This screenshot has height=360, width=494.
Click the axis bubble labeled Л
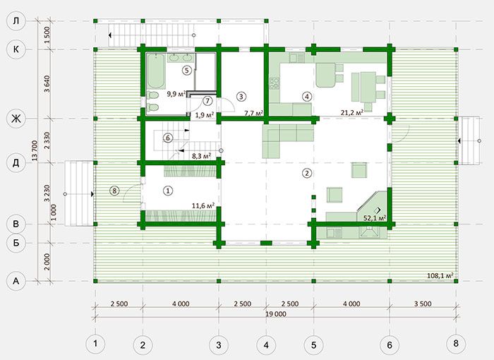pos(16,21)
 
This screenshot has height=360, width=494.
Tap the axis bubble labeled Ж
pos(16,119)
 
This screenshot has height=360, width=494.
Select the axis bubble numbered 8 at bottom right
pos(456,342)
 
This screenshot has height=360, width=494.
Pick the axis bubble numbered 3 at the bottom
pos(219,345)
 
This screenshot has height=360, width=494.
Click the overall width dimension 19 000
pos(276,314)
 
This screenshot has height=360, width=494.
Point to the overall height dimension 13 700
pos(35,150)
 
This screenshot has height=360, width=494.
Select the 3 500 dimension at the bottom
pos(423,304)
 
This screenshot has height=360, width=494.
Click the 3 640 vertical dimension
pos(47,83)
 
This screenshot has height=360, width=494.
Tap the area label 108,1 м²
pos(440,275)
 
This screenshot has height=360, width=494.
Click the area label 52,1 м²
pos(375,218)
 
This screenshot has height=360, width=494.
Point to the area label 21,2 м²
pos(352,112)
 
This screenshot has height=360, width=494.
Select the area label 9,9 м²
pos(176,94)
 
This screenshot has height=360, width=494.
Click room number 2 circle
pos(307,173)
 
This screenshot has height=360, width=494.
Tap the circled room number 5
pos(187,70)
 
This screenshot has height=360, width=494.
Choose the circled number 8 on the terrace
pos(114,191)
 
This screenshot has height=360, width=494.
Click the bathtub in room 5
pos(156,71)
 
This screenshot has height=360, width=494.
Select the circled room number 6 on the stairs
pos(168,138)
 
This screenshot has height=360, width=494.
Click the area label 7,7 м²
pos(254,112)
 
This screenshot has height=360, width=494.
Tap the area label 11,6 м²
pos(203,206)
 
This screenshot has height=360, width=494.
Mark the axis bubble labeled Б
pos(16,243)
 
